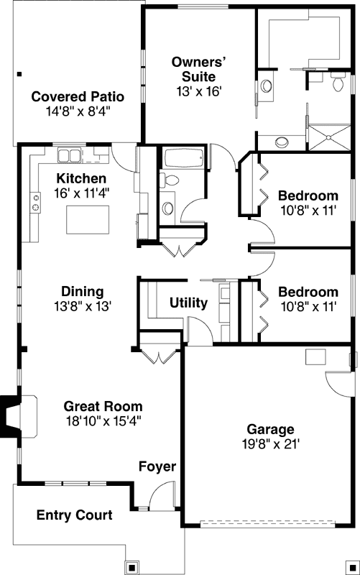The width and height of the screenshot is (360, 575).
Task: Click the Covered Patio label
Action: click(x=78, y=96)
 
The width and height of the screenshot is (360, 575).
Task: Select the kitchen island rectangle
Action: click(x=88, y=219)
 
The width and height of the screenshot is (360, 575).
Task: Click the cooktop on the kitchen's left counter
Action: click(x=34, y=203)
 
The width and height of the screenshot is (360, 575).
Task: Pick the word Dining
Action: click(x=82, y=291)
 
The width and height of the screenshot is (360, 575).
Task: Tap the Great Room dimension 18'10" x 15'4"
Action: click(x=103, y=421)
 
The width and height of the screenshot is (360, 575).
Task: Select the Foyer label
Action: click(x=157, y=467)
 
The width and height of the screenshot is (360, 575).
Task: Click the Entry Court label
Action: click(x=74, y=515)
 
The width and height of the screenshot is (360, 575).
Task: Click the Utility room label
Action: click(x=188, y=303)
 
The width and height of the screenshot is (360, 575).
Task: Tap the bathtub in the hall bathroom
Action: click(x=183, y=158)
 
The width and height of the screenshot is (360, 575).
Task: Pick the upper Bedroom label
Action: click(x=308, y=195)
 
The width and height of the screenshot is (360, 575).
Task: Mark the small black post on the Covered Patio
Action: click(x=20, y=73)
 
